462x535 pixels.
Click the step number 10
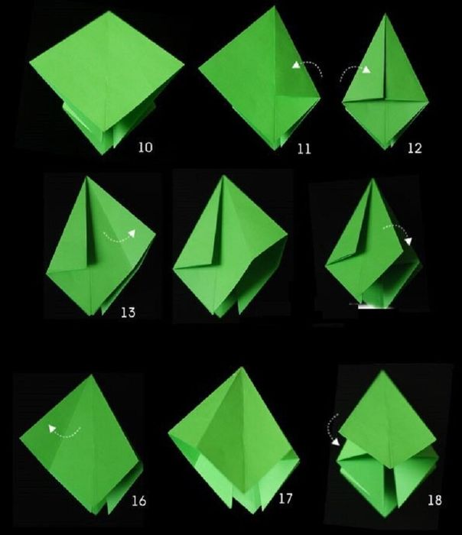(145, 147)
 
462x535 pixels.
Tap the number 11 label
(304, 149)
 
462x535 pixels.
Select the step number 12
(415, 148)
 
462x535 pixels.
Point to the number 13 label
(128, 313)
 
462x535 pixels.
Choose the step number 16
(139, 501)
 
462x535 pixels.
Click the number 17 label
(285, 498)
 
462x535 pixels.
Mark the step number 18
(434, 500)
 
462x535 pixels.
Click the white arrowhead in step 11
(296, 65)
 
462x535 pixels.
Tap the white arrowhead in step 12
(366, 70)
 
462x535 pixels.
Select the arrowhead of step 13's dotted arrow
(132, 233)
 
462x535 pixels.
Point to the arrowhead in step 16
(52, 429)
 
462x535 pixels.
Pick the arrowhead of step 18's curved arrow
(336, 442)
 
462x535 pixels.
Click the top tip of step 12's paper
(386, 14)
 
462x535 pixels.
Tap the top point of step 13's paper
(87, 177)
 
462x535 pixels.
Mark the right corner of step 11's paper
(320, 99)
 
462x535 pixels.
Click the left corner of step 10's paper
(30, 62)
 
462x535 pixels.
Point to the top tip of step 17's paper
(242, 368)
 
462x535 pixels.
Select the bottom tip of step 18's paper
(386, 517)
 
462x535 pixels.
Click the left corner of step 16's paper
(20, 438)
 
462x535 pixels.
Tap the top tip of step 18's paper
(382, 371)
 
